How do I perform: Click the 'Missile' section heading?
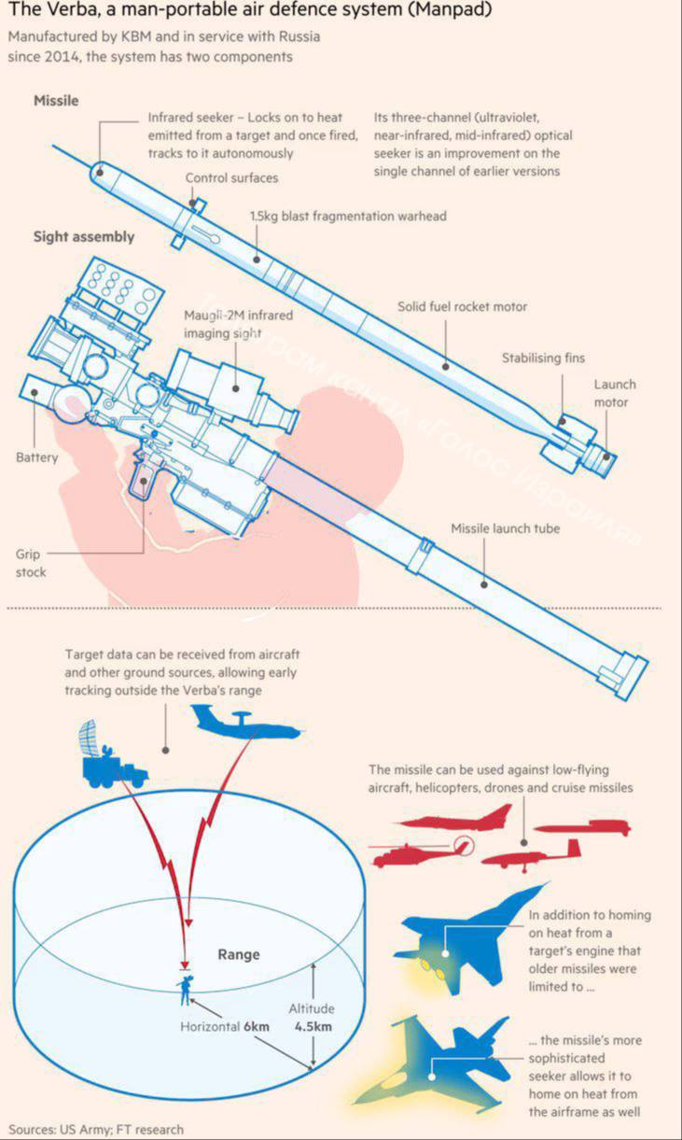pyautogui.click(x=56, y=101)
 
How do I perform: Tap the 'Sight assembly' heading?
pyautogui.click(x=84, y=237)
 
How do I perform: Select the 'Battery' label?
pyautogui.click(x=36, y=457)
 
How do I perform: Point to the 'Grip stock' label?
pyautogui.click(x=30, y=562)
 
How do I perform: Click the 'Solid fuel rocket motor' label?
pyautogui.click(x=462, y=306)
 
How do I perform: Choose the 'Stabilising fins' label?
pyautogui.click(x=544, y=358)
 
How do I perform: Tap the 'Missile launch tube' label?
pyautogui.click(x=506, y=528)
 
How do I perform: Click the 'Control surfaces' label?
pyautogui.click(x=231, y=177)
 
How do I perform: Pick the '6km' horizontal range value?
pyautogui.click(x=257, y=1026)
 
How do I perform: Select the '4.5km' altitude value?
pyautogui.click(x=313, y=1026)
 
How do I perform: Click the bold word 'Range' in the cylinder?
pyautogui.click(x=239, y=954)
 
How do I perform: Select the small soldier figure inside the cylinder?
pyautogui.click(x=188, y=990)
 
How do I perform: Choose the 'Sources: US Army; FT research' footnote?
pyautogui.click(x=96, y=1129)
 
